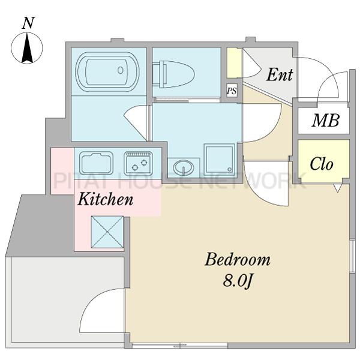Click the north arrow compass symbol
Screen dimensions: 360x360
coord(28,49)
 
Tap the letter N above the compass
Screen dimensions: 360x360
coord(28,23)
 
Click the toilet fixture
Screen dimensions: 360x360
coord(178,74)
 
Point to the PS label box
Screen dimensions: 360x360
coord(232,92)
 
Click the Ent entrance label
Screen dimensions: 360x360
coord(279,75)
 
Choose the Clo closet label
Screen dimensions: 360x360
coord(322,164)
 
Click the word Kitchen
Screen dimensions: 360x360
coord(105,199)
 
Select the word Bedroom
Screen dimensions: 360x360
coord(238,260)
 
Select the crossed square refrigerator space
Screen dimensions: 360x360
coord(107,231)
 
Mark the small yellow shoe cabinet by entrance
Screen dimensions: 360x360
coord(234,62)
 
